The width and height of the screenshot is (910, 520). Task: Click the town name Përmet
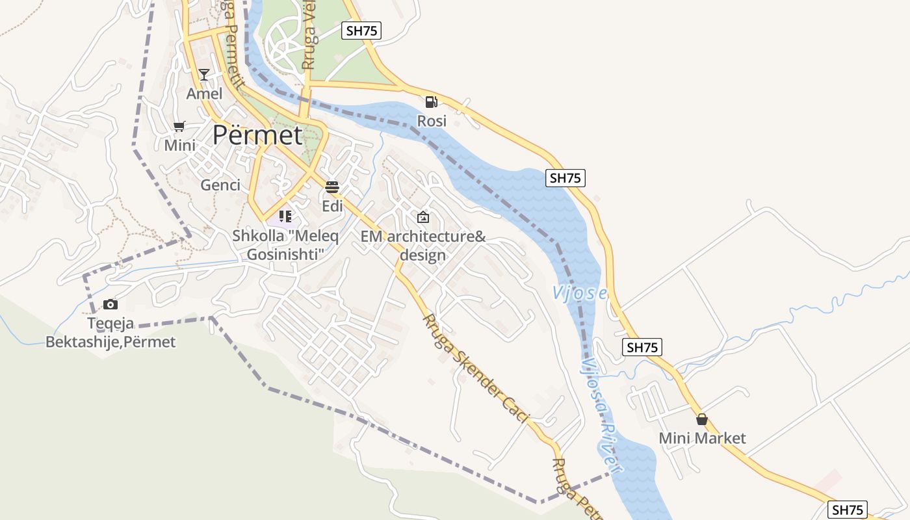(x=257, y=135)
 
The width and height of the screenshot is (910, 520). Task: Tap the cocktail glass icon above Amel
(x=204, y=75)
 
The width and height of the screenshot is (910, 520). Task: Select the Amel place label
(x=204, y=94)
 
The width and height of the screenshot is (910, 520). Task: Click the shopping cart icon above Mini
(x=179, y=126)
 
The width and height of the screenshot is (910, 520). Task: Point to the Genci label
(x=220, y=185)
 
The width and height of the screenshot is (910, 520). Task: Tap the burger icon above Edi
(x=332, y=187)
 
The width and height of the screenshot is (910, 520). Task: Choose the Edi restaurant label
(x=332, y=206)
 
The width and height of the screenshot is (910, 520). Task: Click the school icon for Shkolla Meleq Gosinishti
(x=285, y=216)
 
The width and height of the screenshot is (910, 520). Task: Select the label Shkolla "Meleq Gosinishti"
(x=285, y=245)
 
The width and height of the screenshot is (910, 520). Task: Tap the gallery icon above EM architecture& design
(x=423, y=217)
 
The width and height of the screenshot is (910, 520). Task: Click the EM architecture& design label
(x=423, y=246)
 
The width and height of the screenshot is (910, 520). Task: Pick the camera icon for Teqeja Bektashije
(x=110, y=304)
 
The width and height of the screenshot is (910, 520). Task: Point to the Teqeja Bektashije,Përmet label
(x=110, y=332)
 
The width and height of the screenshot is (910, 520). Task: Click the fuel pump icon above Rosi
(x=431, y=102)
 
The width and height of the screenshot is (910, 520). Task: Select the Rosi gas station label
(x=432, y=121)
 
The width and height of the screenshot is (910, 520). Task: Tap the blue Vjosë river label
(x=580, y=293)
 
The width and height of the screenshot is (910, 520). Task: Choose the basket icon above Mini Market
(x=701, y=419)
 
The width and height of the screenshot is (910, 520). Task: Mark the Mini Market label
(x=702, y=438)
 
